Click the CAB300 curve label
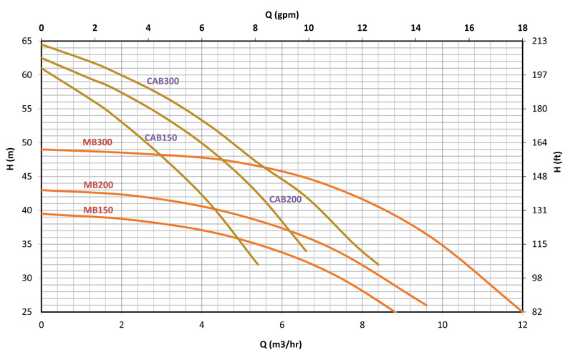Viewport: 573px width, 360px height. pos(163,81)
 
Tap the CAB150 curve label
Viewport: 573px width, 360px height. pos(160,137)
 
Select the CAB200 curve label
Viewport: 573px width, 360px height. pos(285,200)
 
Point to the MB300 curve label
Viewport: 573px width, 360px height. pos(97,142)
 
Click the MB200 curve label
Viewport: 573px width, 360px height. pos(98,185)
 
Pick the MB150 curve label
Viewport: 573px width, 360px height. pos(98,210)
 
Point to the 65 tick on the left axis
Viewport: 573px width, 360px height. pos(27,41)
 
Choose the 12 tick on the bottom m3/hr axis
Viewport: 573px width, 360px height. pos(522,324)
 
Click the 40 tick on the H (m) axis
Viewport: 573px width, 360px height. pos(27,210)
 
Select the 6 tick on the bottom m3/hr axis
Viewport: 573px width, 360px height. pos(281,324)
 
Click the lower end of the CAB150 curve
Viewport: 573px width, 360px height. pos(258,265)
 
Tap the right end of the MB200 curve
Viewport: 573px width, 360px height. pos(427,305)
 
